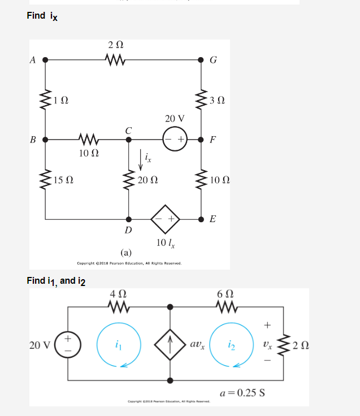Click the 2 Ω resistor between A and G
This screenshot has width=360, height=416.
[116, 58]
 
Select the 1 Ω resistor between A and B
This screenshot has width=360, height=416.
[45, 99]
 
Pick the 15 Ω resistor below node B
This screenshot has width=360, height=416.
[45, 180]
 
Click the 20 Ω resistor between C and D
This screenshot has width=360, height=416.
[129, 180]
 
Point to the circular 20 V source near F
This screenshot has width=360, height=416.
[175, 138]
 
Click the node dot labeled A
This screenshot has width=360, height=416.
[45, 59]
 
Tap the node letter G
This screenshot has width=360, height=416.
[212, 60]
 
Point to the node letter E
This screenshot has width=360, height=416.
[212, 219]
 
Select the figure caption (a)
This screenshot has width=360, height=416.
[125, 252]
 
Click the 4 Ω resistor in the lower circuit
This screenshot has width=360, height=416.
[118, 307]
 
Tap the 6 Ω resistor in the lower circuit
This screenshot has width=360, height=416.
[223, 307]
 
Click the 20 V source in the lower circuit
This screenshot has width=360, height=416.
[68, 344]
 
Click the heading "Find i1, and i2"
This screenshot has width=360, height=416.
[55, 280]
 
